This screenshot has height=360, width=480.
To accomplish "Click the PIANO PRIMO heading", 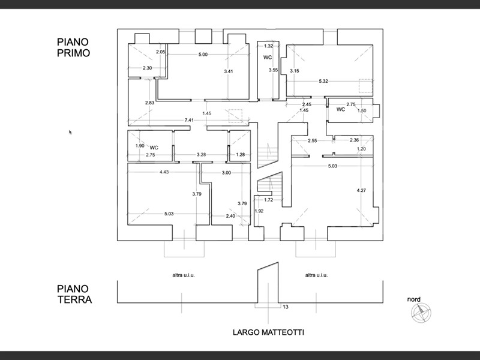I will [x=73, y=47].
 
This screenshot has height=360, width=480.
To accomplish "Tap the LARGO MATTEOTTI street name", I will [x=268, y=332].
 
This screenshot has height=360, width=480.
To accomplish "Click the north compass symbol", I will [x=420, y=311].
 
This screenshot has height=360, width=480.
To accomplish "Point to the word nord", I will [x=413, y=299].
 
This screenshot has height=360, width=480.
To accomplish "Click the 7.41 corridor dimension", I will [x=188, y=120].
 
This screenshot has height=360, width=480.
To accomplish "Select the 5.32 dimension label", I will [x=323, y=81].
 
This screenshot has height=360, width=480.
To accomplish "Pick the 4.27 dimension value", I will [x=361, y=190].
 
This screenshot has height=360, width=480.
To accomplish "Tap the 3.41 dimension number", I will [x=228, y=72].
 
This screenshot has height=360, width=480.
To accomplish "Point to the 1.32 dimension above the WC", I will [x=269, y=46].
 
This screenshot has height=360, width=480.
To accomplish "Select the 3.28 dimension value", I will [x=202, y=155].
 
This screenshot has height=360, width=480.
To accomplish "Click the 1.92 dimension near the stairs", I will [x=259, y=211].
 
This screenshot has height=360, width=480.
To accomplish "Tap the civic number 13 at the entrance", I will [x=285, y=307].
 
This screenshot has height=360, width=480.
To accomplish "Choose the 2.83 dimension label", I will [x=150, y=103].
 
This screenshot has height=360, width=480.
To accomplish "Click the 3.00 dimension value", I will [x=226, y=173].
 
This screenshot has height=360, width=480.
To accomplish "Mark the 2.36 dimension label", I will [x=355, y=140].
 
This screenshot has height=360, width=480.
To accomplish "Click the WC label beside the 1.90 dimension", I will [x=154, y=147].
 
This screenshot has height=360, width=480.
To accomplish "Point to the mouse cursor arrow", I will [x=70, y=132].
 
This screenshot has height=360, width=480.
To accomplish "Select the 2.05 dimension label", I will [x=160, y=52].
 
